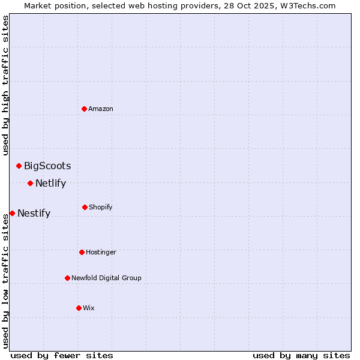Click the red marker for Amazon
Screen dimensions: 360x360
[x=84, y=109]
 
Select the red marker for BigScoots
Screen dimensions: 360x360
[x=19, y=166]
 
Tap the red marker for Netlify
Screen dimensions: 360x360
[x=30, y=183]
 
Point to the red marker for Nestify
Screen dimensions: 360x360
[x=12, y=213]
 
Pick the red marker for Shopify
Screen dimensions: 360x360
[x=85, y=207]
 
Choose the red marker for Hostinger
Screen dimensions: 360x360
[x=82, y=252]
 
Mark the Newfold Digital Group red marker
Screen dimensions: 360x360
[x=67, y=278]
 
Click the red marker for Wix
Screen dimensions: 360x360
[x=79, y=308]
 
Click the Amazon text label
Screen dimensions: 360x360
[x=101, y=109]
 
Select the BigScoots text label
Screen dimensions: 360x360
[x=47, y=166]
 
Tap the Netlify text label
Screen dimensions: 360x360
[x=50, y=183]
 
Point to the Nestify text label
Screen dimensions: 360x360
[x=34, y=213]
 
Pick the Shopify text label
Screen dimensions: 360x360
[x=101, y=207]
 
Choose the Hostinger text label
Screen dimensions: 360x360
[x=101, y=252]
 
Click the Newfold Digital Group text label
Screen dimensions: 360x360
[x=106, y=278]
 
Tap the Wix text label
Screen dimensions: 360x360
[x=89, y=308]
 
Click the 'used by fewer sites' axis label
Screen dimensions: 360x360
[x=62, y=355]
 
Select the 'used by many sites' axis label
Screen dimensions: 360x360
[x=301, y=355]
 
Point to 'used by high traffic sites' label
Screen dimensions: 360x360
[x=5, y=85]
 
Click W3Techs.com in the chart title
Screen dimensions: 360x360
[x=308, y=5]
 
